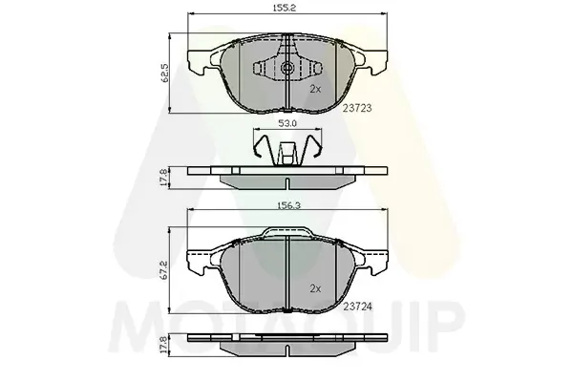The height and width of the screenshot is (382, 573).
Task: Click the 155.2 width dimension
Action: tap(284, 8)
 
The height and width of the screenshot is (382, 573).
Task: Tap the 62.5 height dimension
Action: tap(165, 74)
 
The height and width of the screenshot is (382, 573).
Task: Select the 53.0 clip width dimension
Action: tap(287, 123)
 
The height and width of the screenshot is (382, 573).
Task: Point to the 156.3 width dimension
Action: tap(288, 205)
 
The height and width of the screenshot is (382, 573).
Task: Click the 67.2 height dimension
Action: tap(165, 269)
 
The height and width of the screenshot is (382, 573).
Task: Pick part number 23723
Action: tap(357, 108)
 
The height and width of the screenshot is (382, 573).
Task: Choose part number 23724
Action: tap(358, 308)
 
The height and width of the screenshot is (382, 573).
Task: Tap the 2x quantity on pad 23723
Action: tap(315, 89)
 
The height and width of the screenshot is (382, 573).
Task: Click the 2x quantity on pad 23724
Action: tap(315, 288)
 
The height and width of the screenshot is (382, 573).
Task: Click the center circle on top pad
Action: tap(287, 68)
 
